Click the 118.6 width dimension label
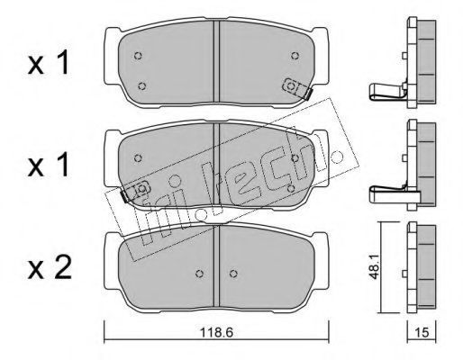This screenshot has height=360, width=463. point(216,332)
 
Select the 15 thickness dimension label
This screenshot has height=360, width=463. point(422,332)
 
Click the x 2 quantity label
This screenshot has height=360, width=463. point(50,267)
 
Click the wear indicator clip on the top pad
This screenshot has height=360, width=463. point(297,88)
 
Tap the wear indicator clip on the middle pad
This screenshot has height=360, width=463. point(134,191)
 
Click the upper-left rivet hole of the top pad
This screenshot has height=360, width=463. point(138,56)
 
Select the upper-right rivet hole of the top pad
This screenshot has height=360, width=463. point(295,56)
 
